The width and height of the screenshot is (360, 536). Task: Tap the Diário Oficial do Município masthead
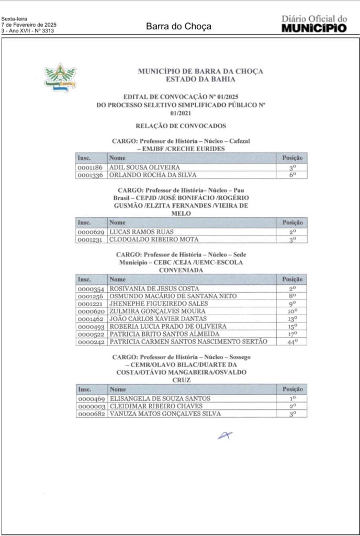(314, 24)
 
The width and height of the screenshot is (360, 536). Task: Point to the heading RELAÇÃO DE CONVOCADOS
(181, 126)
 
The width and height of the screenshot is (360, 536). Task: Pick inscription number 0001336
(91, 175)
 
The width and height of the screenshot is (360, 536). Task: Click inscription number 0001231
(91, 239)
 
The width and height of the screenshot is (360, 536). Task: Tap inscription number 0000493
(91, 326)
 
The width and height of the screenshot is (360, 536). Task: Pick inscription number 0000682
(91, 414)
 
